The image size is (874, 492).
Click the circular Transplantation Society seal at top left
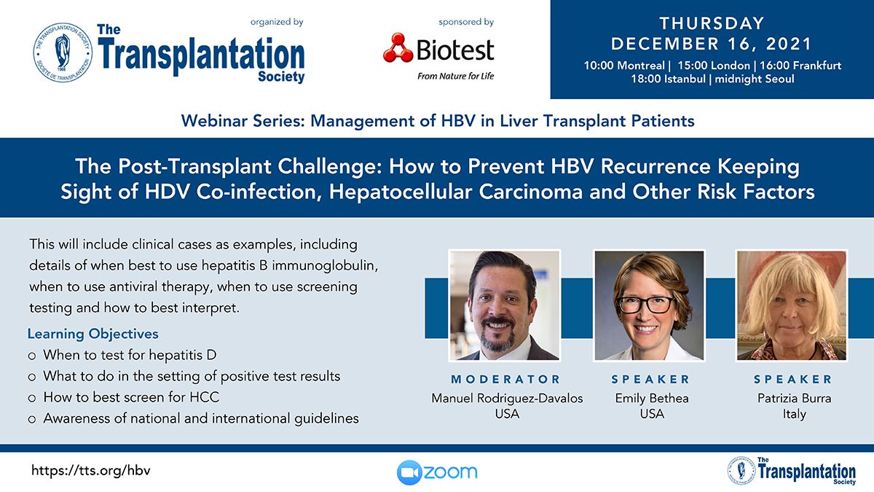tap(63, 52)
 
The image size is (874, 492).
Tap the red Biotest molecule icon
tap(398, 48)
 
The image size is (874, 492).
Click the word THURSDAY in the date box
tap(712, 23)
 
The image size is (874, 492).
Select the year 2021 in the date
tap(789, 44)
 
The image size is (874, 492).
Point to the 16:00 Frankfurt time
tap(800, 65)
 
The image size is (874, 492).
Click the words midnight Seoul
tap(755, 79)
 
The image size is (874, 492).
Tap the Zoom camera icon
tap(409, 472)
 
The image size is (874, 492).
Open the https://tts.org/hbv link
tap(90, 471)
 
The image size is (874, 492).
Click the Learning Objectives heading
tap(93, 334)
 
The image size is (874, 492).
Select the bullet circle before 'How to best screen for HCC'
tap(32, 398)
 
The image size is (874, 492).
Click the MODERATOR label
tap(505, 379)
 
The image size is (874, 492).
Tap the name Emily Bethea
tap(652, 398)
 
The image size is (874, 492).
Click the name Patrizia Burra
tap(795, 398)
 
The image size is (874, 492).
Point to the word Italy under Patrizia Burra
tap(795, 414)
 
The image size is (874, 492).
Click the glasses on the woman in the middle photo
tap(646, 305)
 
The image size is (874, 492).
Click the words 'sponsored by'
tap(466, 22)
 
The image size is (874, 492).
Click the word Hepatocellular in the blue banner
tap(400, 192)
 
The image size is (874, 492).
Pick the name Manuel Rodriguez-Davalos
tap(507, 398)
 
